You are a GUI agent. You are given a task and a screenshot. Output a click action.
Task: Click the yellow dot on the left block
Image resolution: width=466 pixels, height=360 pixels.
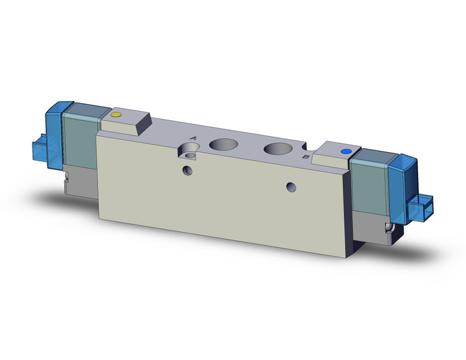pyautogui.click(x=116, y=115)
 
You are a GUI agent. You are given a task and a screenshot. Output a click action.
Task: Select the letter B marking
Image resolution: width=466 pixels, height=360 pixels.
pyautogui.click(x=305, y=157)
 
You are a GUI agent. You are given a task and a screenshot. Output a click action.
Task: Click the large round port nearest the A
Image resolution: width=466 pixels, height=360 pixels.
pyautogui.click(x=221, y=145)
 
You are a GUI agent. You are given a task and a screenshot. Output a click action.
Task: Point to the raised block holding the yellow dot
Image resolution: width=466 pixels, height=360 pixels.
pyautogui.click(x=126, y=123)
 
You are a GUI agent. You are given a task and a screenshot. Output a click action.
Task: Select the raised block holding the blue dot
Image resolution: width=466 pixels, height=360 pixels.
pyautogui.click(x=334, y=153)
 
